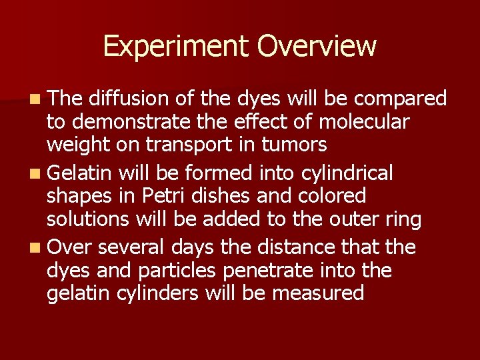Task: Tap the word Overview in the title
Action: tap(317, 47)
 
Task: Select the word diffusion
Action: tap(130, 99)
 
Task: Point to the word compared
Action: tap(400, 99)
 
